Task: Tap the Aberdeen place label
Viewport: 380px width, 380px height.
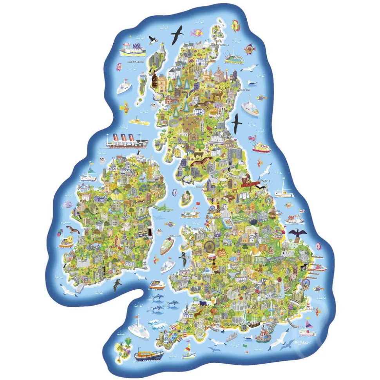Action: point(244,90)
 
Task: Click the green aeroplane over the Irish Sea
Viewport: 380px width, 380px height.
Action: point(162,207)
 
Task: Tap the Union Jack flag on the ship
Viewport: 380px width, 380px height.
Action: point(252,139)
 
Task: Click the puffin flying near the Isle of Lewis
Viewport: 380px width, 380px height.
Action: point(152,39)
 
